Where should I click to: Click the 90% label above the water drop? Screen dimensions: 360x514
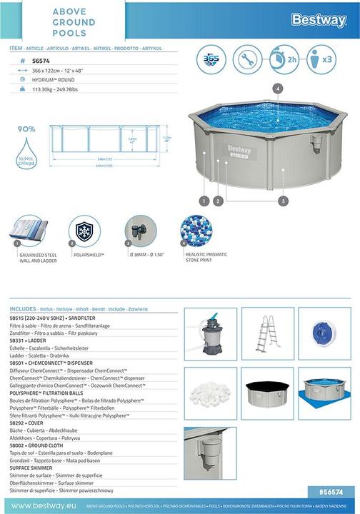pyautogui.click(x=26, y=129)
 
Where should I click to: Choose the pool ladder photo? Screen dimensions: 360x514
pyautogui.click(x=268, y=333)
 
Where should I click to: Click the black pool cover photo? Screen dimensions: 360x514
pyautogui.click(x=268, y=392)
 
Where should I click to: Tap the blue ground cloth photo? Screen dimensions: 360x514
pyautogui.click(x=324, y=392)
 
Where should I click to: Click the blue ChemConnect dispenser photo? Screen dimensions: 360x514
pyautogui.click(x=324, y=333)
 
